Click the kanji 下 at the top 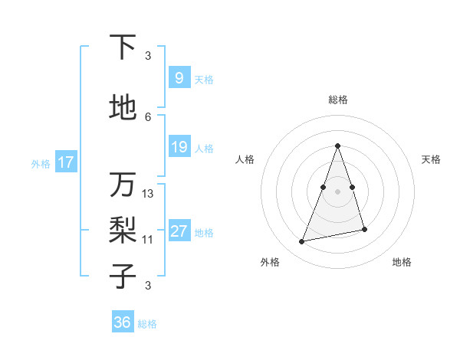pos(123,47)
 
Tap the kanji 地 pos(123,108)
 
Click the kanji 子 pos(123,276)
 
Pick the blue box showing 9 pos(179,77)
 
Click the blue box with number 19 pos(179,147)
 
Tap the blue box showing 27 pos(179,231)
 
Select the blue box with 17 pos(65,162)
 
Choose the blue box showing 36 pos(122,322)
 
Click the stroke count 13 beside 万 pos(148,194)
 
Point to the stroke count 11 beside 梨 pos(148,240)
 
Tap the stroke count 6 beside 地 pos(148,116)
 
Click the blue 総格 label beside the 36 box pos(147,324)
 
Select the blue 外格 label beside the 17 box pos(40,163)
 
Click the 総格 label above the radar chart pos(337,100)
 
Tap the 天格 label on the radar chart pos(432,159)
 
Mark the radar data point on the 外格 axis pos(302,242)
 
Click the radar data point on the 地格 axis pos(364,229)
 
